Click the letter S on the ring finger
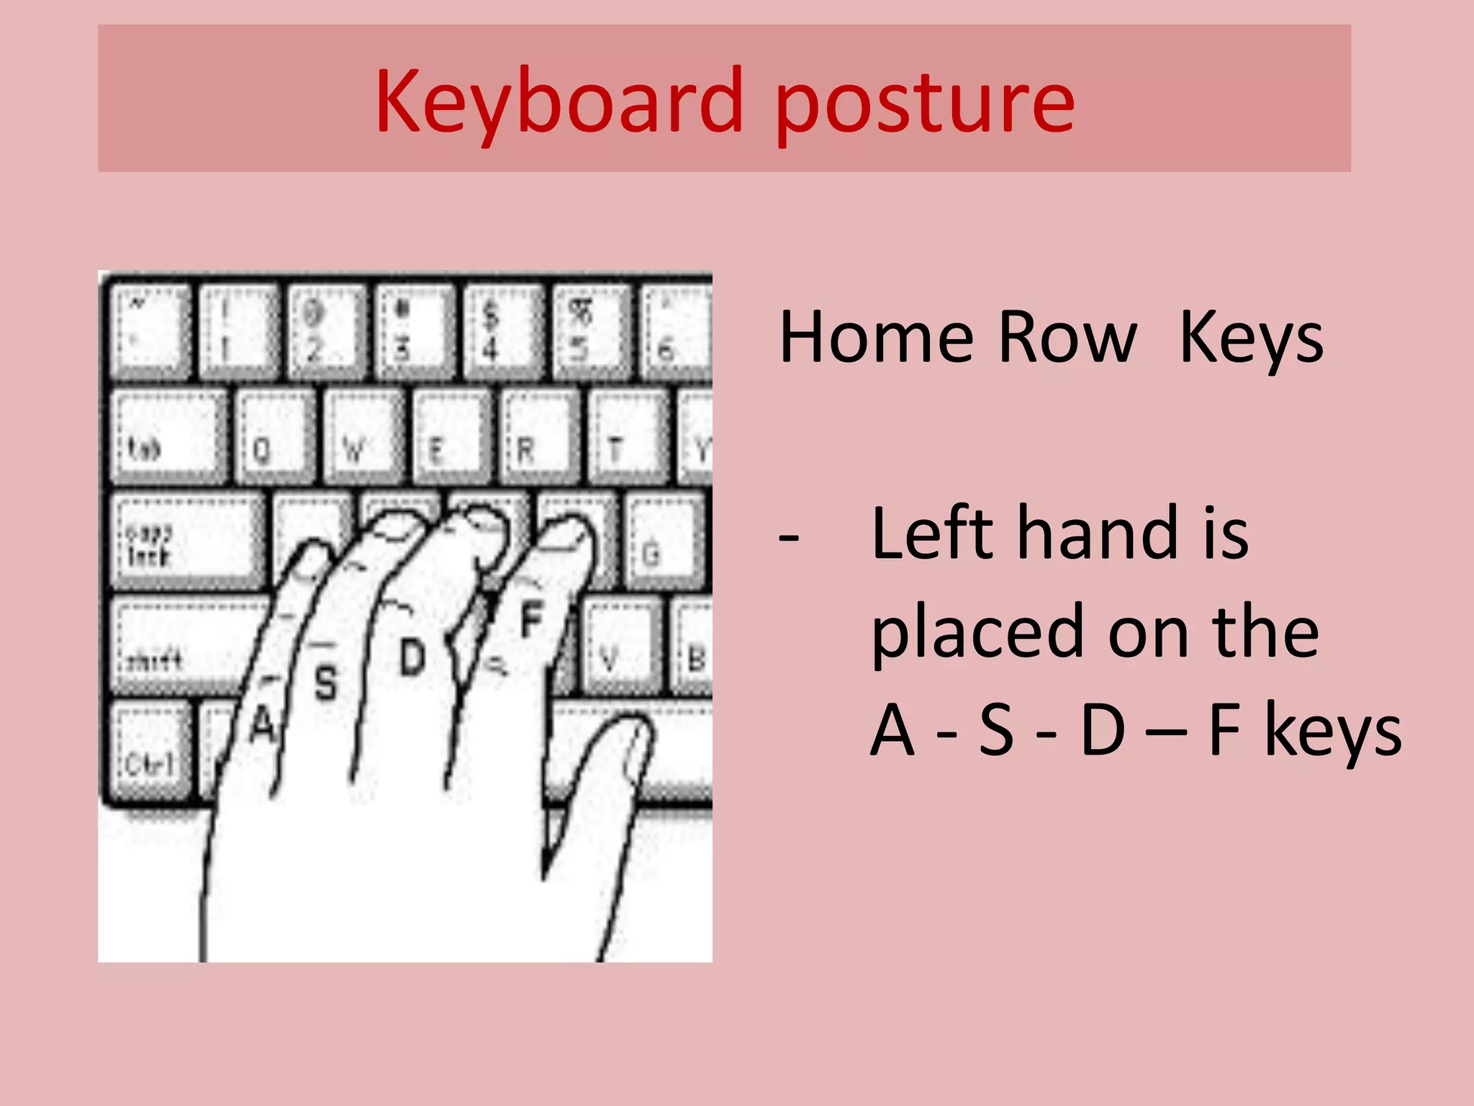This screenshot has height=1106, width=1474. tap(326, 682)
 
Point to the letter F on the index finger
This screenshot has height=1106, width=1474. tap(531, 619)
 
